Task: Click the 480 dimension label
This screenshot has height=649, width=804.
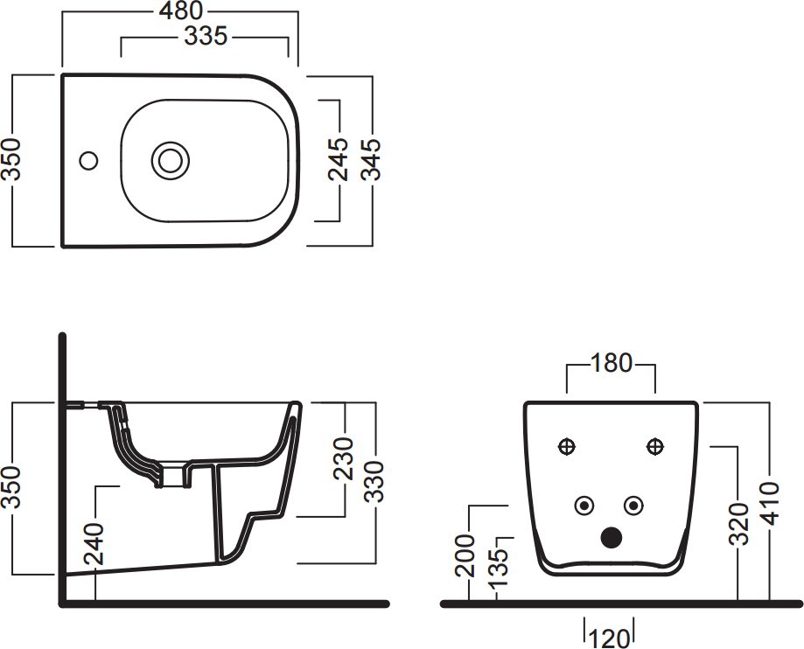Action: click(x=181, y=10)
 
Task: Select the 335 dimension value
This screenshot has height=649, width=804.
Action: click(x=205, y=37)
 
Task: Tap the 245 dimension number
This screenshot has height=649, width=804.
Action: click(x=339, y=159)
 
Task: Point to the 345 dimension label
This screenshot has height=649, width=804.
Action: click(x=371, y=159)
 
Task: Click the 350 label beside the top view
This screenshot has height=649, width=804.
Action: click(x=10, y=159)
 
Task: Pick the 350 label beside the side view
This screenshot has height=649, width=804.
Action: click(x=10, y=487)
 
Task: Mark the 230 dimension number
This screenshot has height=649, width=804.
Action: click(x=344, y=458)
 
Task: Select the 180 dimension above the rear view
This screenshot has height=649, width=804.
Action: click(x=612, y=364)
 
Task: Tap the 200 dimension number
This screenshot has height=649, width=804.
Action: click(x=465, y=555)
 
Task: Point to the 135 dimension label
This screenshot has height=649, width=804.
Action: click(x=498, y=569)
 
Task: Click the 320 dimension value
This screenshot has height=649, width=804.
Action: click(x=739, y=523)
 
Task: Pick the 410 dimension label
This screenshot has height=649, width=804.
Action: click(x=771, y=504)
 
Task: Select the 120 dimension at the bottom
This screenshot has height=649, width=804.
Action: click(x=609, y=639)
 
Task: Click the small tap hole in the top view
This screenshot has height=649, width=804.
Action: click(x=88, y=160)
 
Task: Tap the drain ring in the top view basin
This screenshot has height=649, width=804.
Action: click(x=171, y=160)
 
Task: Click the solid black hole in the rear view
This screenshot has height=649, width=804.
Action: click(x=611, y=537)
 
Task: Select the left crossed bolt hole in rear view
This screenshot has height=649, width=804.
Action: click(x=567, y=446)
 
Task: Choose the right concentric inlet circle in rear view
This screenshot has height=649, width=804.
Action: click(x=633, y=506)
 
